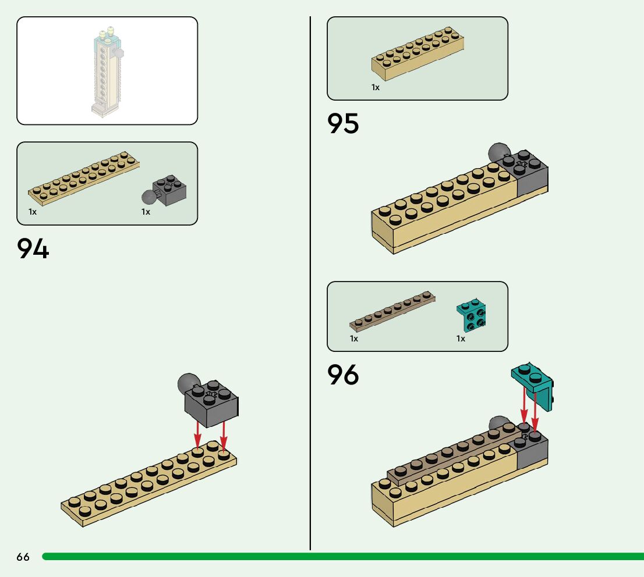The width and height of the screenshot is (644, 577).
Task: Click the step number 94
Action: pyautogui.click(x=33, y=248)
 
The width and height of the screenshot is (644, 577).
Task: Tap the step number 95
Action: pyautogui.click(x=343, y=123)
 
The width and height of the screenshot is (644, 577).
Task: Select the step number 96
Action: pyautogui.click(x=343, y=375)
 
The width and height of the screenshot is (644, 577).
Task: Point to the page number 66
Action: pyautogui.click(x=23, y=557)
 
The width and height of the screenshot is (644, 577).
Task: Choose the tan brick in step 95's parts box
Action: pyautogui.click(x=418, y=54)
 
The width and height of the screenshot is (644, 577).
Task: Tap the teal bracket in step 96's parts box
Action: pyautogui.click(x=472, y=315)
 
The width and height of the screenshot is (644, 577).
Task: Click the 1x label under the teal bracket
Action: pyautogui.click(x=461, y=339)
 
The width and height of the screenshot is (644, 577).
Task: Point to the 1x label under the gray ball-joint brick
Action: pyautogui.click(x=146, y=212)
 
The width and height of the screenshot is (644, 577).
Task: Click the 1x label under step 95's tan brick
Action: pyautogui.click(x=376, y=87)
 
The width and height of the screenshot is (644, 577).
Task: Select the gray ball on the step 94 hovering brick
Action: pyautogui.click(x=187, y=384)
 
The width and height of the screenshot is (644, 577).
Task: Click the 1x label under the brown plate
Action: pyautogui.click(x=354, y=339)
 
